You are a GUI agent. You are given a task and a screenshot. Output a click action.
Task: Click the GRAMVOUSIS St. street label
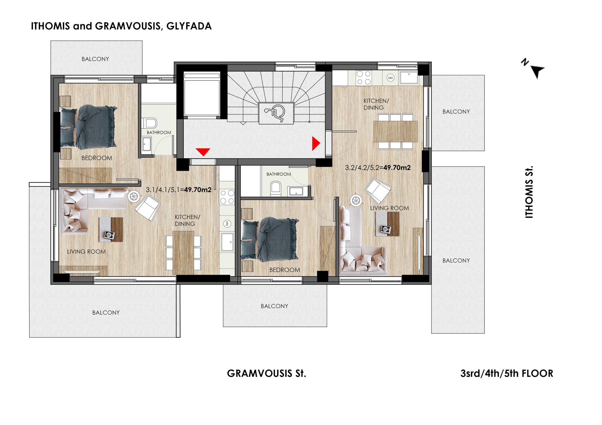pos(266,373)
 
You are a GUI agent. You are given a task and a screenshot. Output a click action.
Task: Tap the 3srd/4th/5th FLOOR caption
pos(507,373)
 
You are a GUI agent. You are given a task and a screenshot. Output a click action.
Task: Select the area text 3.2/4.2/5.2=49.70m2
pos(378,168)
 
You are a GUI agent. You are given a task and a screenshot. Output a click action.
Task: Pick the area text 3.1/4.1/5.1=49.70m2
pos(178,189)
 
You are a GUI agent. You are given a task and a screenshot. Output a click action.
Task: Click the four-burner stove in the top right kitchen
pos(364,78)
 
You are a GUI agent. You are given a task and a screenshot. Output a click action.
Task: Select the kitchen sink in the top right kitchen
pos(409,77)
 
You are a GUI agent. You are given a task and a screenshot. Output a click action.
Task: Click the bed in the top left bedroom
pos(88,127)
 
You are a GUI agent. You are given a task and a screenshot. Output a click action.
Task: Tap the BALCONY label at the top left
pos(95,59)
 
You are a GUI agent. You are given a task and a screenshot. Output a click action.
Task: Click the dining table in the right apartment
pos(395,131)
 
